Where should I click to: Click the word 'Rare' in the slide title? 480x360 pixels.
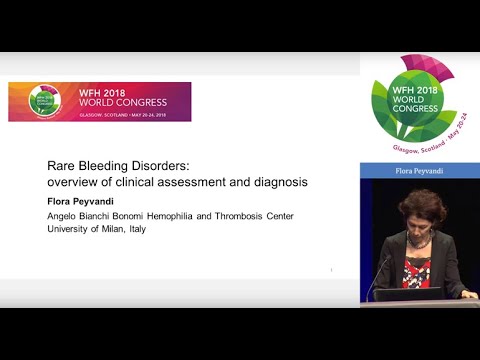(63, 167)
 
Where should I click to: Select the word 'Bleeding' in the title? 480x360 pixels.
(110, 167)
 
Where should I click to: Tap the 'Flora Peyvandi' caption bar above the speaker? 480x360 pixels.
(419, 172)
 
